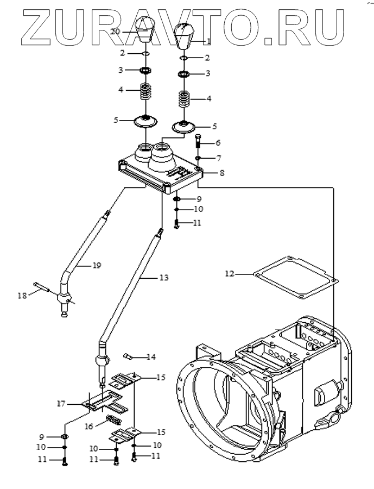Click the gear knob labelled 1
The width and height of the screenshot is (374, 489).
point(184,36)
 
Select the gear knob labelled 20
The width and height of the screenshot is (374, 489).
point(146,30)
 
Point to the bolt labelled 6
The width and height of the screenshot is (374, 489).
point(199,142)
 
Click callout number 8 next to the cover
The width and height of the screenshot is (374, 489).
point(222,172)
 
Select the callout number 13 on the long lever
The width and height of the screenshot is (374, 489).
point(164,277)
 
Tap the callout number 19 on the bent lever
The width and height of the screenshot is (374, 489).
point(97,265)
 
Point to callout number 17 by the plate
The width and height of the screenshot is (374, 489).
point(61,404)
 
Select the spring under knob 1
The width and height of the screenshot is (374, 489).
point(184,99)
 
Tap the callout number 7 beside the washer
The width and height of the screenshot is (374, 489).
point(219,159)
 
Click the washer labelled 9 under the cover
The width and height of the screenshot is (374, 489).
point(176,199)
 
